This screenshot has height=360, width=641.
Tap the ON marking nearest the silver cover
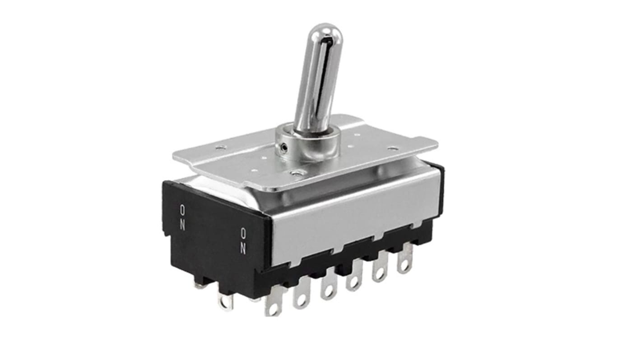[x=243, y=241]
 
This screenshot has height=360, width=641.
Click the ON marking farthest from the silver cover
[x=182, y=217]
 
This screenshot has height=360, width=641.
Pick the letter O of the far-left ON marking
[x=182, y=209]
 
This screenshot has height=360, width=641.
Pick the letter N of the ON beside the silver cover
[x=243, y=248]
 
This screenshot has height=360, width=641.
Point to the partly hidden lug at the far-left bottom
[x=199, y=284]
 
